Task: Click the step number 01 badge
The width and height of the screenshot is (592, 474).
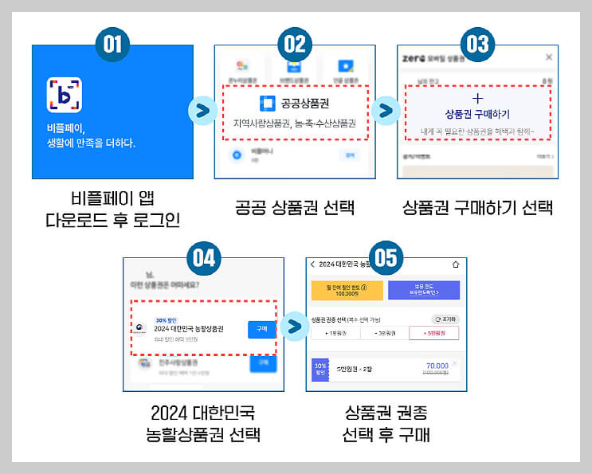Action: point(112,43)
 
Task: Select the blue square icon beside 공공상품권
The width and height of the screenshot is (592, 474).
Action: point(267,104)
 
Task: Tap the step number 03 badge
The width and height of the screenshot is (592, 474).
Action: point(477,43)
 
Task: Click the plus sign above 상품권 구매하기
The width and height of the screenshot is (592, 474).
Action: point(477,98)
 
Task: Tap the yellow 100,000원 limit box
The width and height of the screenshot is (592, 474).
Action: point(347,289)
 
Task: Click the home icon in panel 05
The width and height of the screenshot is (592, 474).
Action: point(456,264)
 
